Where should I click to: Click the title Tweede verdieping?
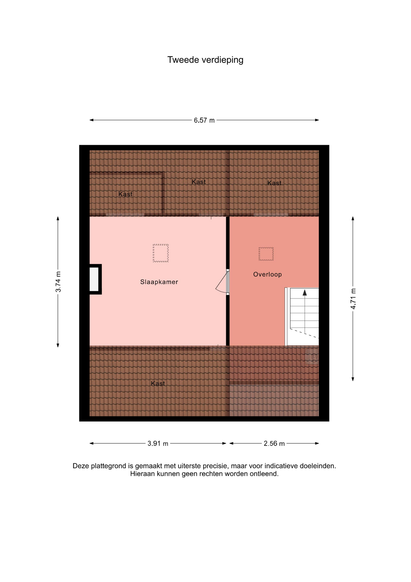(205, 60)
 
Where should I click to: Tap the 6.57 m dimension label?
(204, 120)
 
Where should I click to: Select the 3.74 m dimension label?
(58, 282)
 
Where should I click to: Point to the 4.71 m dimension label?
(353, 299)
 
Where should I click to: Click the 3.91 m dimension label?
(158, 443)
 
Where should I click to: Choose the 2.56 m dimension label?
(274, 443)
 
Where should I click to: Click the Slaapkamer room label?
(159, 282)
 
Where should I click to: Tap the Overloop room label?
(268, 274)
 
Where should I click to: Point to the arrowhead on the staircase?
(305, 292)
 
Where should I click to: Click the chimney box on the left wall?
(95, 279)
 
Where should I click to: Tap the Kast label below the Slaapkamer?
(158, 383)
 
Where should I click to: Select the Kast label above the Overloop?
(275, 183)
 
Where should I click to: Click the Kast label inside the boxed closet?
(126, 194)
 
